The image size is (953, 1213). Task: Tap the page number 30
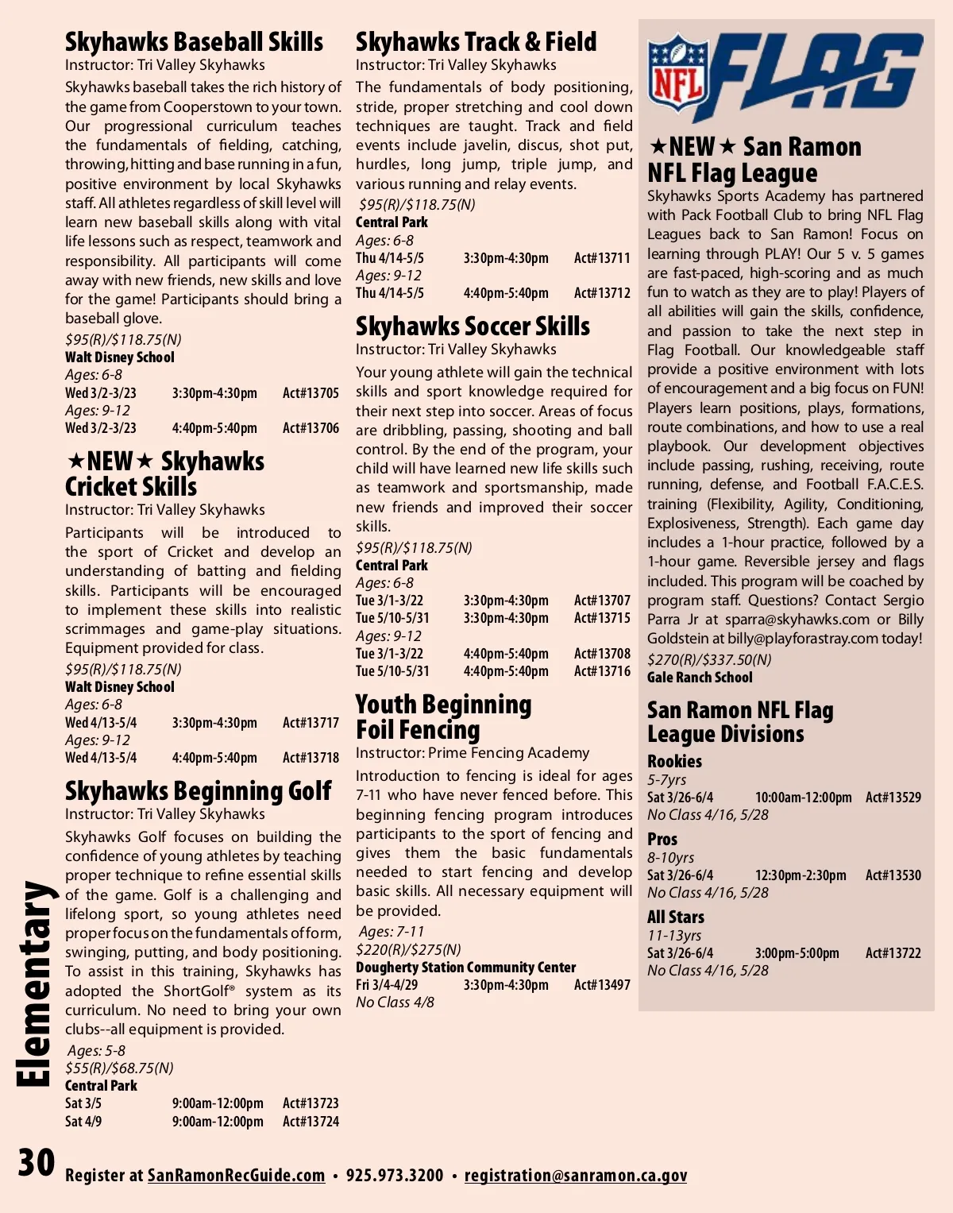point(37,1163)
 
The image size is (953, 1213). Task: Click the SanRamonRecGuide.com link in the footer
point(236,1175)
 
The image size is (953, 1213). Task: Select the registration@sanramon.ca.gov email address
point(575,1175)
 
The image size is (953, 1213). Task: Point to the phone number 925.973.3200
point(395,1175)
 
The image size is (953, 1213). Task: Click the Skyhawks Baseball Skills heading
point(194,41)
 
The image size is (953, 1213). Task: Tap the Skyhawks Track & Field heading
point(476,41)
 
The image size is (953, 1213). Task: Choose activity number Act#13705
point(311,393)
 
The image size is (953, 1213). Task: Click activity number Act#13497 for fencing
point(602,985)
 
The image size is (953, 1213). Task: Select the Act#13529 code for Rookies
point(893,798)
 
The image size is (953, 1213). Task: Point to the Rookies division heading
point(674,761)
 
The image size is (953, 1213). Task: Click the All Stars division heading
point(675,917)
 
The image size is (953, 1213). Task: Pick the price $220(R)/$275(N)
point(408,949)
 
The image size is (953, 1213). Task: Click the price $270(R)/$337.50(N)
point(708,659)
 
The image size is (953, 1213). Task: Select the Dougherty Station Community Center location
point(465,968)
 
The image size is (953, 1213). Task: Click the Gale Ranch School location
point(700,678)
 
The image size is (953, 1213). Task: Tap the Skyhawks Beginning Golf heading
point(198,791)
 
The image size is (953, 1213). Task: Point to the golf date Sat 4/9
point(83,1122)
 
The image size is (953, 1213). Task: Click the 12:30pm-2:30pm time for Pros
point(800,875)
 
